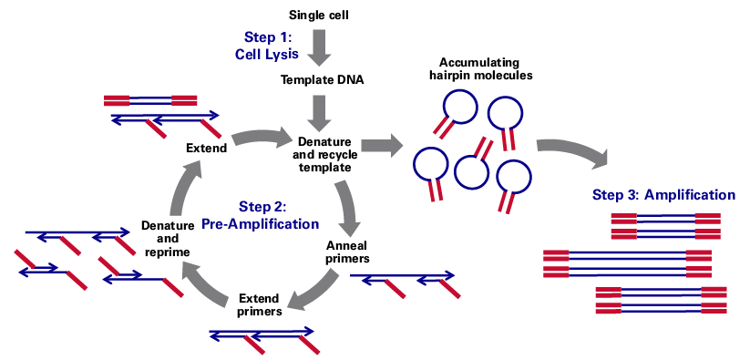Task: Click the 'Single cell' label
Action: [319, 15]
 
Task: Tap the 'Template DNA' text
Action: [322, 79]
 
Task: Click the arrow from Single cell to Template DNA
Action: [319, 46]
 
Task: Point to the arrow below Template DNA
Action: [319, 111]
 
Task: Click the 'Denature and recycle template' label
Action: [324, 154]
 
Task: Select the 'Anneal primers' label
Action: [347, 252]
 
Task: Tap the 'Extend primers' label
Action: [259, 305]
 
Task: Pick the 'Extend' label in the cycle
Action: [206, 148]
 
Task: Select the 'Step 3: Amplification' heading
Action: [664, 194]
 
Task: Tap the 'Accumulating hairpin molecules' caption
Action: [480, 69]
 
